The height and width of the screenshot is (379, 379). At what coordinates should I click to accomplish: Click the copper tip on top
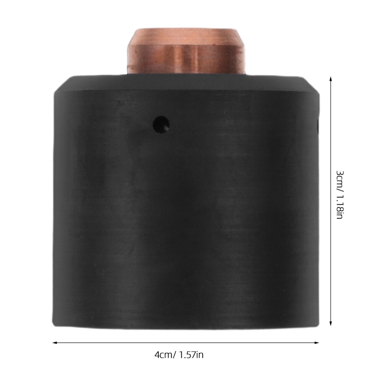click(x=186, y=51)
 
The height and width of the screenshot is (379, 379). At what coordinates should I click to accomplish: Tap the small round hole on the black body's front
click(x=161, y=125)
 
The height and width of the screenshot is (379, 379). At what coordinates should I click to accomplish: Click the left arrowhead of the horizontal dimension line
click(x=55, y=343)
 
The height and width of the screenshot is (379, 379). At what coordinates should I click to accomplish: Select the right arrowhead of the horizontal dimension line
click(x=316, y=343)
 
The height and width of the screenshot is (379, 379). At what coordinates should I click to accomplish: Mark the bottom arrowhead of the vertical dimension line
click(x=331, y=323)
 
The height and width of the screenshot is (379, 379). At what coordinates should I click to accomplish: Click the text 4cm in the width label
click(x=163, y=355)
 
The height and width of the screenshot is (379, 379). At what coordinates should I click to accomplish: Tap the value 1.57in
click(x=191, y=355)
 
